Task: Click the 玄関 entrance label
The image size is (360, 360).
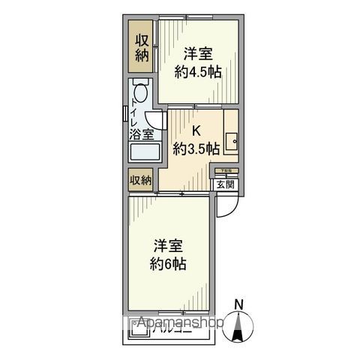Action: (225, 184)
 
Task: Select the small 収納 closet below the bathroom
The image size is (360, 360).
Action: (140, 180)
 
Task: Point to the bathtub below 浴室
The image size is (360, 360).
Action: (145, 154)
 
